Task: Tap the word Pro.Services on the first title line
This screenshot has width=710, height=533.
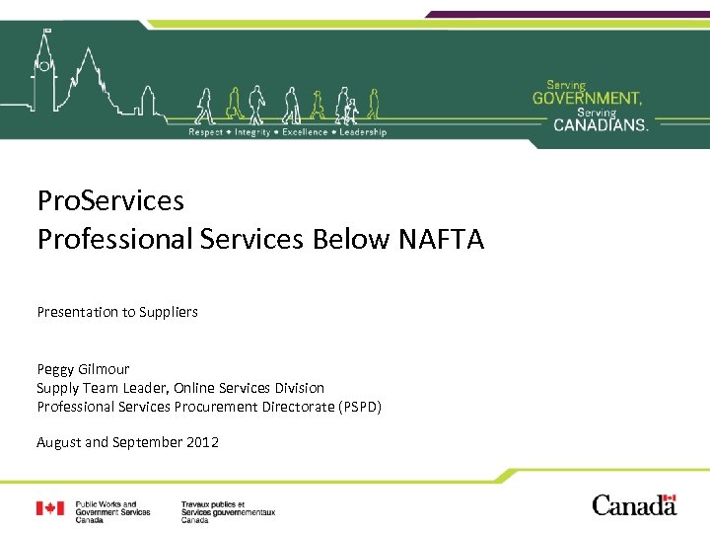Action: click(x=110, y=201)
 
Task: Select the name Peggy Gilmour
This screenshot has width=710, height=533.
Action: click(x=83, y=369)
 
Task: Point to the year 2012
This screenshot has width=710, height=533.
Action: click(x=202, y=442)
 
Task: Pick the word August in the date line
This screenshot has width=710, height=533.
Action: click(x=59, y=442)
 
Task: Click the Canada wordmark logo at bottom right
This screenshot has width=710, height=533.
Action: click(x=634, y=505)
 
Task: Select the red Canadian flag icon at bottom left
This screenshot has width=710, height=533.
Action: click(x=50, y=508)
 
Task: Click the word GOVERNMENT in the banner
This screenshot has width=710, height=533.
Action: click(x=587, y=98)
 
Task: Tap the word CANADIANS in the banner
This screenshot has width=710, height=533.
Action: click(x=600, y=124)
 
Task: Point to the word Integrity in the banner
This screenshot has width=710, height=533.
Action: click(x=250, y=132)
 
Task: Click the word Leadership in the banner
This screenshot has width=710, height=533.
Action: click(x=363, y=132)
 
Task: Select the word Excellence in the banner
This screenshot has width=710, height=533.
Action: click(x=306, y=132)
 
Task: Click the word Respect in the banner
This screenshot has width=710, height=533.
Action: click(x=205, y=132)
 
